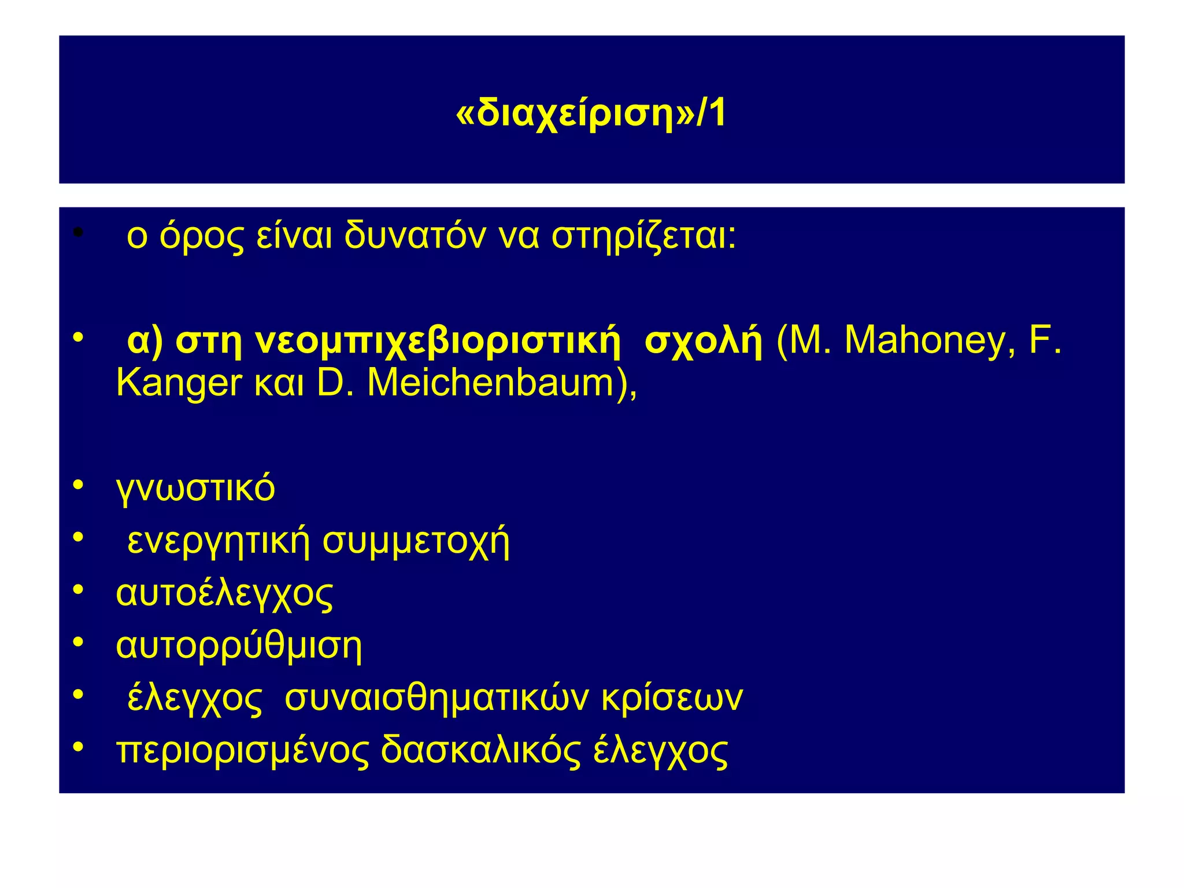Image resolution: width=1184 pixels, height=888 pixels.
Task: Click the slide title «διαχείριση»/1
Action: tap(591, 113)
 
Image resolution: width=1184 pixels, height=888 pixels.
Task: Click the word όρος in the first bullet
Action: tap(202, 237)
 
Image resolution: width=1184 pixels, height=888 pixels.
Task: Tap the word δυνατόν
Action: tap(415, 237)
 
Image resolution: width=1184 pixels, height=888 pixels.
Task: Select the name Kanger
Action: tap(179, 384)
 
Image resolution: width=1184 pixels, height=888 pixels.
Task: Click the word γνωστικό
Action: tap(195, 489)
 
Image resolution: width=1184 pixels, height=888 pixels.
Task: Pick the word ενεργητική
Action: tap(219, 541)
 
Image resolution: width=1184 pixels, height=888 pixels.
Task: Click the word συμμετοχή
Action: tap(416, 541)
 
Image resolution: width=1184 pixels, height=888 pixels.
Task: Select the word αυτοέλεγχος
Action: tap(224, 594)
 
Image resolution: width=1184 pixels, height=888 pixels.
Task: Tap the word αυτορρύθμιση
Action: tap(239, 646)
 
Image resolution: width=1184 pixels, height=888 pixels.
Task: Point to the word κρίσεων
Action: tap(672, 698)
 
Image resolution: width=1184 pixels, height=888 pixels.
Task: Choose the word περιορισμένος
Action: tap(242, 751)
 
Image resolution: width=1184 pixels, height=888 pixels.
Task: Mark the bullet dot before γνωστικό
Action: tap(79, 484)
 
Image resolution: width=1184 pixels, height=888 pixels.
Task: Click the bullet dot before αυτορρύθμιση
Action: tap(79, 642)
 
